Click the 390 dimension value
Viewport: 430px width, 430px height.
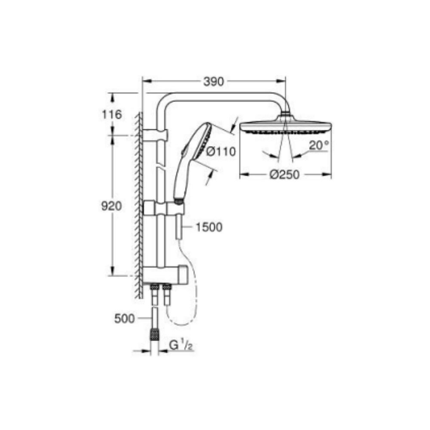point(214,81)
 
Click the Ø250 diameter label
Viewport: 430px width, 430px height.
point(284,174)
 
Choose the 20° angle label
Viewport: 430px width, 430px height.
point(319,145)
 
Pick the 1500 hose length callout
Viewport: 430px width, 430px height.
point(209,227)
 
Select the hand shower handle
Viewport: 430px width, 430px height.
point(181,176)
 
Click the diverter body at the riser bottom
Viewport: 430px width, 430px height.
point(165,274)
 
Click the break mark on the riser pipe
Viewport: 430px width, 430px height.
point(161,168)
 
